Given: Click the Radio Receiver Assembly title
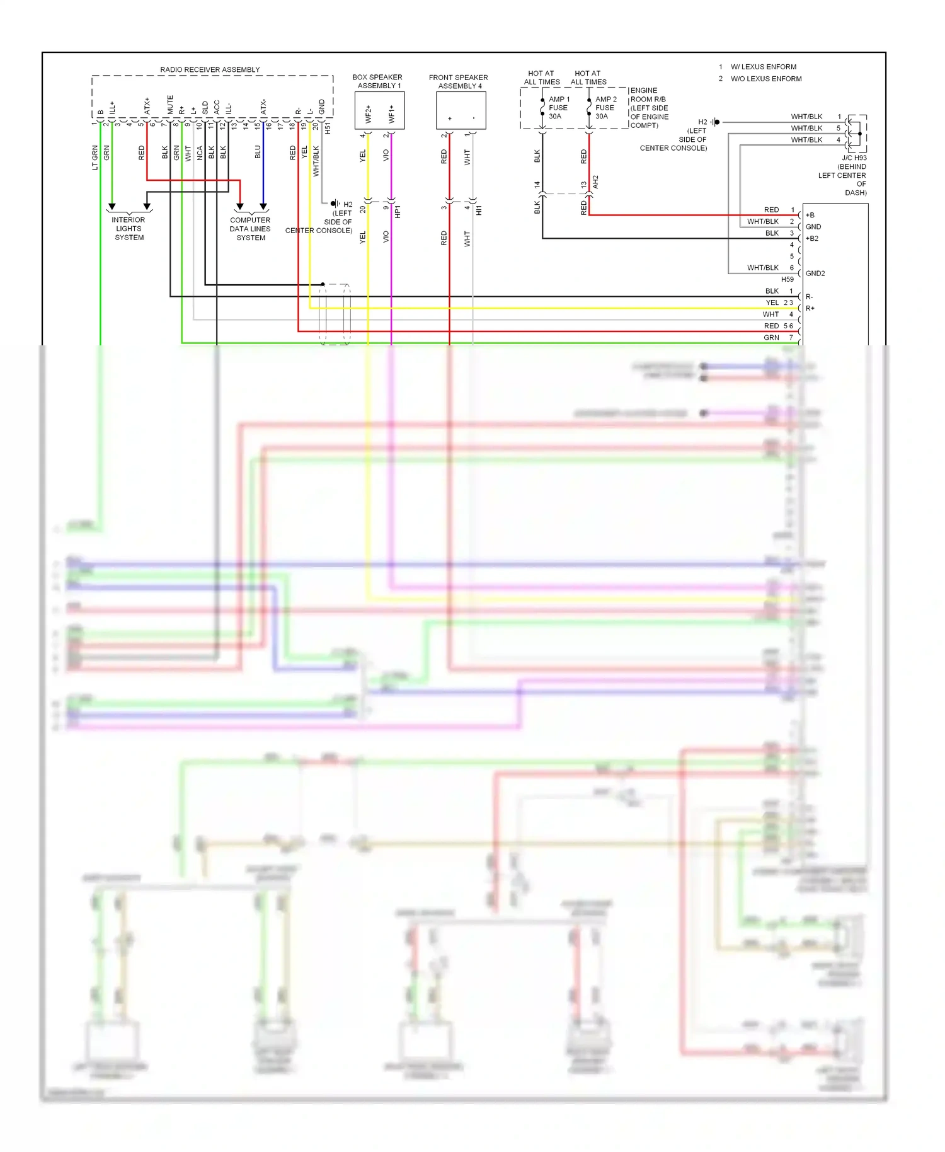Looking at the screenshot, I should [x=210, y=69].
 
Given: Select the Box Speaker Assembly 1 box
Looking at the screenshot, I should [x=379, y=111].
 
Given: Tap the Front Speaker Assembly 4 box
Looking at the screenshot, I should [x=461, y=111].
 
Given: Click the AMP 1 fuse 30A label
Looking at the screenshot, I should [x=558, y=108].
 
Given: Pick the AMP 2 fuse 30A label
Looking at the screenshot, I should [x=605, y=108].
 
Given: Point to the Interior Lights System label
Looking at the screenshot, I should [x=129, y=229].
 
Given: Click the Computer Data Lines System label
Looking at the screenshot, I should [x=250, y=229].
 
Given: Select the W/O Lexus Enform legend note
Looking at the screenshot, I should [x=765, y=79].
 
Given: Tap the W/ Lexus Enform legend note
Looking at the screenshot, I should [x=763, y=67].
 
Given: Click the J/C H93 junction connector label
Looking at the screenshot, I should [x=854, y=158].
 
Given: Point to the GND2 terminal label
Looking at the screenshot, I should [x=815, y=274].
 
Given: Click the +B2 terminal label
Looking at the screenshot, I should [x=812, y=239].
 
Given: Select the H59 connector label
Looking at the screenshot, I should [x=787, y=279].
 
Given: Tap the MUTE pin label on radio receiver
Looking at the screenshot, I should [x=170, y=105].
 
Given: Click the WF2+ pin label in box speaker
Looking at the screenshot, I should [x=369, y=114].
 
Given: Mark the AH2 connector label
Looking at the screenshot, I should [x=595, y=182].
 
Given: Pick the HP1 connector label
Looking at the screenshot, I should [x=398, y=212].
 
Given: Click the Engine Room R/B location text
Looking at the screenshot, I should [x=649, y=108].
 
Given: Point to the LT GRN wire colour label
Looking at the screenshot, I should [x=95, y=158].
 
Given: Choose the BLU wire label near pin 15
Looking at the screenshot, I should [x=258, y=153].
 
